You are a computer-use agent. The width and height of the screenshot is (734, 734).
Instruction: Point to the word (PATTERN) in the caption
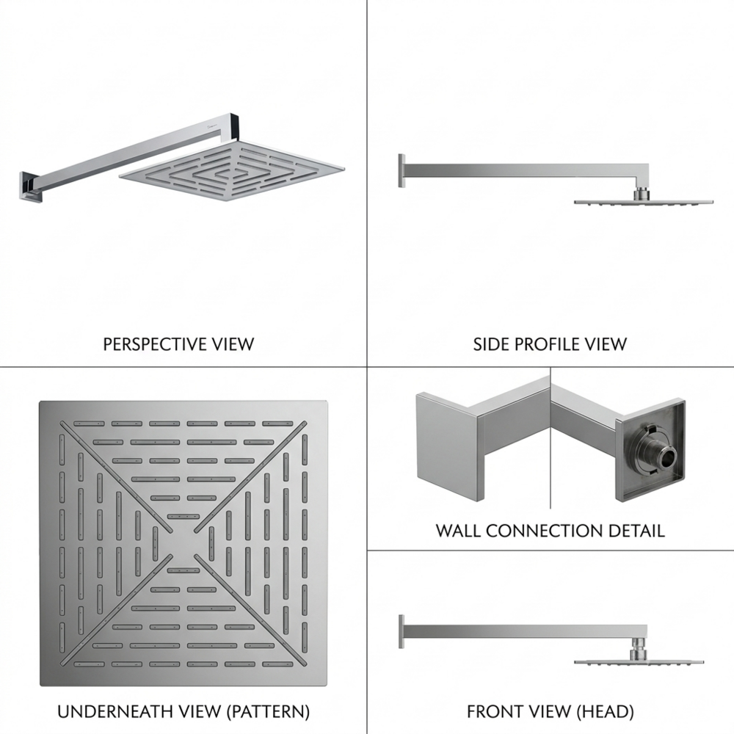coord(268,711)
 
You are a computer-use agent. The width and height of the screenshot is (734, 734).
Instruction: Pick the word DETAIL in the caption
coord(636,531)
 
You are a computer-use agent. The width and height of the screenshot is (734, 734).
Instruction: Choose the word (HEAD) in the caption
coord(606,711)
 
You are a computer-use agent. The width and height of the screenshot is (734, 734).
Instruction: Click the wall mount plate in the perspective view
coord(30,186)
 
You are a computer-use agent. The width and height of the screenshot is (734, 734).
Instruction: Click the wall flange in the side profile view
coord(401,171)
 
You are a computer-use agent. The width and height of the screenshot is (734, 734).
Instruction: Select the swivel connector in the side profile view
coord(641,195)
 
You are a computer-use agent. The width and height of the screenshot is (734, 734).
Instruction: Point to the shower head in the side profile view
coord(644,203)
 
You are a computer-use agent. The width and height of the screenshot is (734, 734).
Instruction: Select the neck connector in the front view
coord(637,650)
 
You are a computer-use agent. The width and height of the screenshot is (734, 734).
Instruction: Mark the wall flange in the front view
coord(401,631)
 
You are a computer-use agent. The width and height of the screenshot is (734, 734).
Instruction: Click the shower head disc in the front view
coord(639,662)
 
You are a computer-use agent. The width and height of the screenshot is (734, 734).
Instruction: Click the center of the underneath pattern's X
coord(183,543)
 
